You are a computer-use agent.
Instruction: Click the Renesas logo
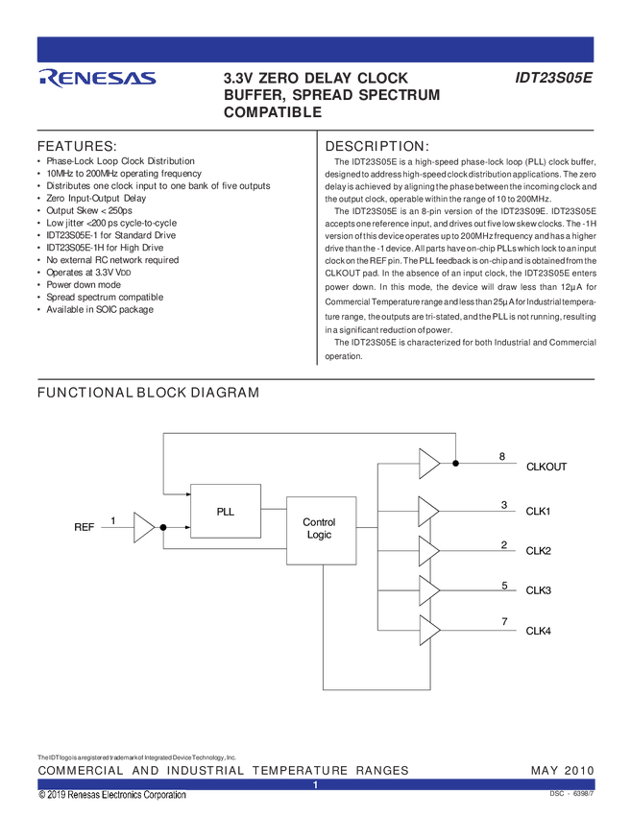click(x=97, y=78)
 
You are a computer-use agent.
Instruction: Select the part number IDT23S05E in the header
click(x=553, y=78)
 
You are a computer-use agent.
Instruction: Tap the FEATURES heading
click(x=77, y=146)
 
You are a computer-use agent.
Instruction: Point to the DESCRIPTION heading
click(x=376, y=146)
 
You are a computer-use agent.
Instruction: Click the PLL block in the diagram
click(x=226, y=511)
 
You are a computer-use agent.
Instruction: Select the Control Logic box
click(x=321, y=530)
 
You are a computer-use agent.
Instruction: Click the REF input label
click(x=84, y=527)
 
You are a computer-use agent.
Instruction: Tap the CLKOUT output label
click(x=546, y=467)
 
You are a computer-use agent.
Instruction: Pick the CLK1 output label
click(x=538, y=511)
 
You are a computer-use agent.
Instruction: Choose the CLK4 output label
click(x=538, y=631)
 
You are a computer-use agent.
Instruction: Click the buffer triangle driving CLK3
click(x=429, y=590)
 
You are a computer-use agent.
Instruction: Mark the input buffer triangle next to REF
click(x=144, y=527)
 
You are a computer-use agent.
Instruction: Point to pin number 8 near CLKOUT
click(x=502, y=456)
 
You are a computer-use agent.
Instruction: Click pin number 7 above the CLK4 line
click(x=504, y=621)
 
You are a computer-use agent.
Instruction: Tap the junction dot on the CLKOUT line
click(x=455, y=463)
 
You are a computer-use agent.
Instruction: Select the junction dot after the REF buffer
click(x=163, y=527)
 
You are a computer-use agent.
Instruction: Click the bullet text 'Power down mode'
click(x=84, y=285)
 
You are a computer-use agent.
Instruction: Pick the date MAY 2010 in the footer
click(x=562, y=770)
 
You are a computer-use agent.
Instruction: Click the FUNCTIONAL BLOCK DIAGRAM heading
click(x=148, y=393)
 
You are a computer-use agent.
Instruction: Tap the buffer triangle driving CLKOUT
click(x=429, y=463)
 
